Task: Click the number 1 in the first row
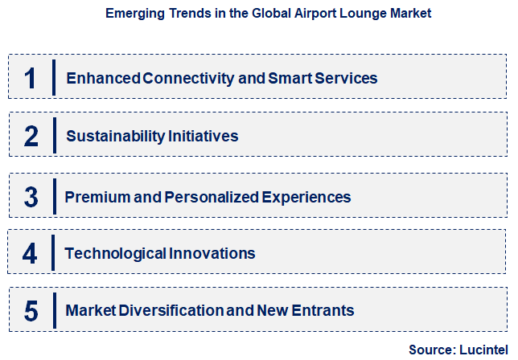pos(31,78)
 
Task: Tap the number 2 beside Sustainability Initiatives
pos(31,136)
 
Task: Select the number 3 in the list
pos(31,196)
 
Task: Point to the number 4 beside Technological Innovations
pos(31,253)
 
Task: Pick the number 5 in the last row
pos(31,310)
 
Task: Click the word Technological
pos(117,253)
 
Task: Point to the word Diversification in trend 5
pos(162,310)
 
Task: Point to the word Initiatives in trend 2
pos(205,136)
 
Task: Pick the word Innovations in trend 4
pos(212,253)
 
